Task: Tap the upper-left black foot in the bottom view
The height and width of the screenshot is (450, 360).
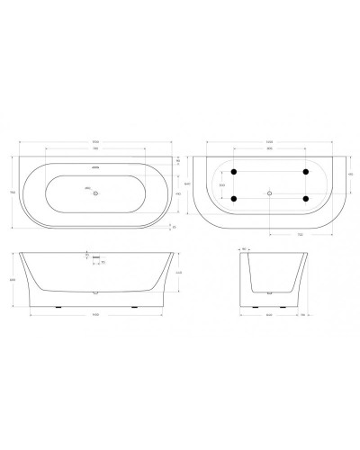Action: [x=234, y=171]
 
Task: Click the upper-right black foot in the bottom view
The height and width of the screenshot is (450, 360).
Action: [x=305, y=171]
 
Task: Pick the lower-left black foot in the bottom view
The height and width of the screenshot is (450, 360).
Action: [x=234, y=199]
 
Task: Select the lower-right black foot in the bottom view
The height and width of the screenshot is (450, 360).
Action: [x=305, y=199]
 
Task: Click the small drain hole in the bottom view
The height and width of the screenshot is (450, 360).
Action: [x=270, y=193]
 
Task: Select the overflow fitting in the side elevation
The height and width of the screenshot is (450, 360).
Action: [x=90, y=256]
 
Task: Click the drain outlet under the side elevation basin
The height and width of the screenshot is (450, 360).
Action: [x=95, y=292]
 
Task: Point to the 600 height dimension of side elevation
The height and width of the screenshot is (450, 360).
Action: [x=13, y=279]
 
